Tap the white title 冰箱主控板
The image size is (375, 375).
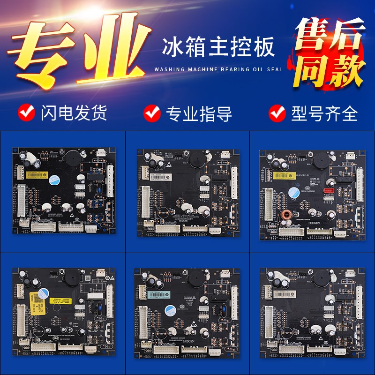pos(218,48)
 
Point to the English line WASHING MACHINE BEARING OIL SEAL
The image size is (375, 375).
pos(218,69)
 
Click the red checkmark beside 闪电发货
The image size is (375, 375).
pos(26,112)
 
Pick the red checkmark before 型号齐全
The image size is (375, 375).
pos(277,112)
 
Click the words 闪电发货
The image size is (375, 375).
pos(74,112)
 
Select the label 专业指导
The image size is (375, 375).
pos(199,113)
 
